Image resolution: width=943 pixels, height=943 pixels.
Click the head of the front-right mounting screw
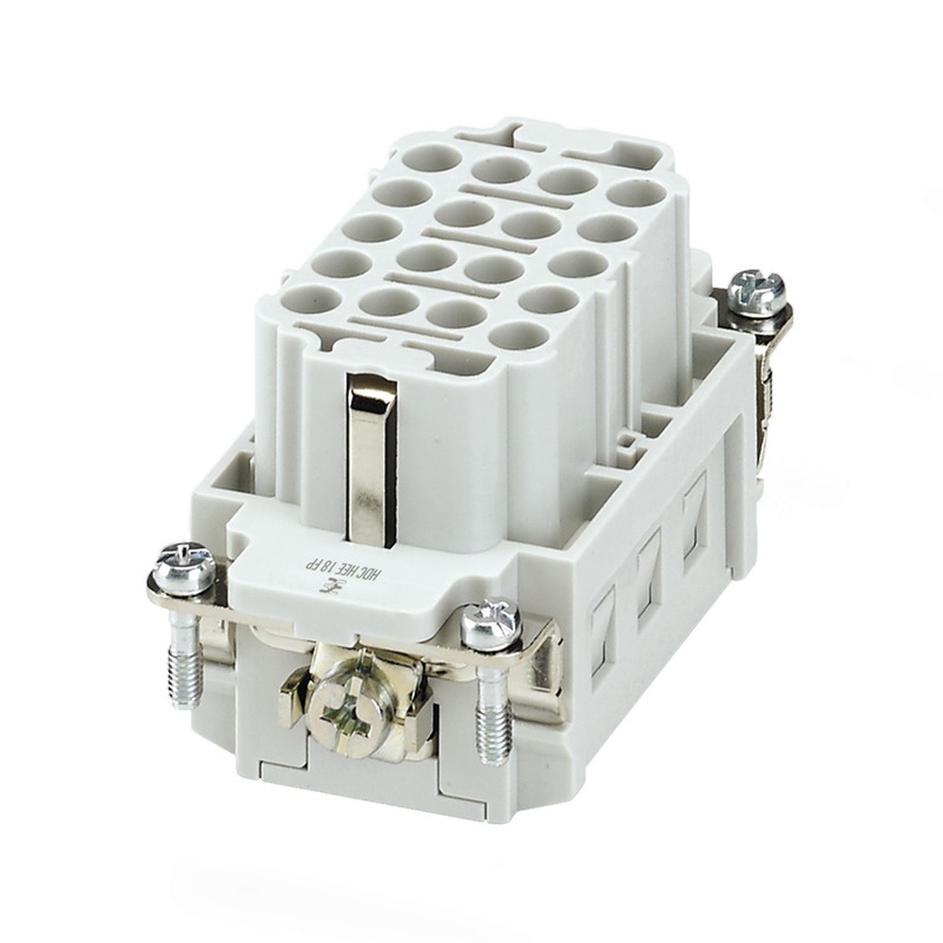pyautogui.click(x=490, y=623)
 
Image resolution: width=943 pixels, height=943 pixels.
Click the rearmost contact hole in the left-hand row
pyautogui.click(x=431, y=157)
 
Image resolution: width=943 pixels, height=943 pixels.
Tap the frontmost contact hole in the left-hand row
pyautogui.click(x=313, y=301)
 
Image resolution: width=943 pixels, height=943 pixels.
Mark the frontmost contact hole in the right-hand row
pyautogui.click(x=520, y=335)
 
